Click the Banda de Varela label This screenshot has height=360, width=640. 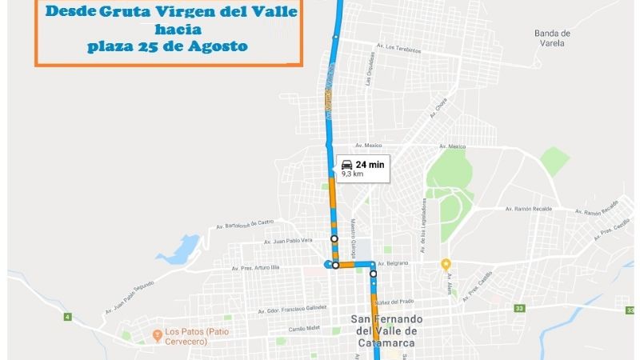tap(553, 38)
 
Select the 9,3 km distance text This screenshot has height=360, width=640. tap(353, 173)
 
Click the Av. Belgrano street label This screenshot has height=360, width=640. tap(393, 262)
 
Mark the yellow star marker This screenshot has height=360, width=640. tap(446, 264)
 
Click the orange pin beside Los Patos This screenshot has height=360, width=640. tap(157, 333)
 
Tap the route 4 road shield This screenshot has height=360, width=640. tap(67, 318)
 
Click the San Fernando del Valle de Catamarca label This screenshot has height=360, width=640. tap(386, 331)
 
